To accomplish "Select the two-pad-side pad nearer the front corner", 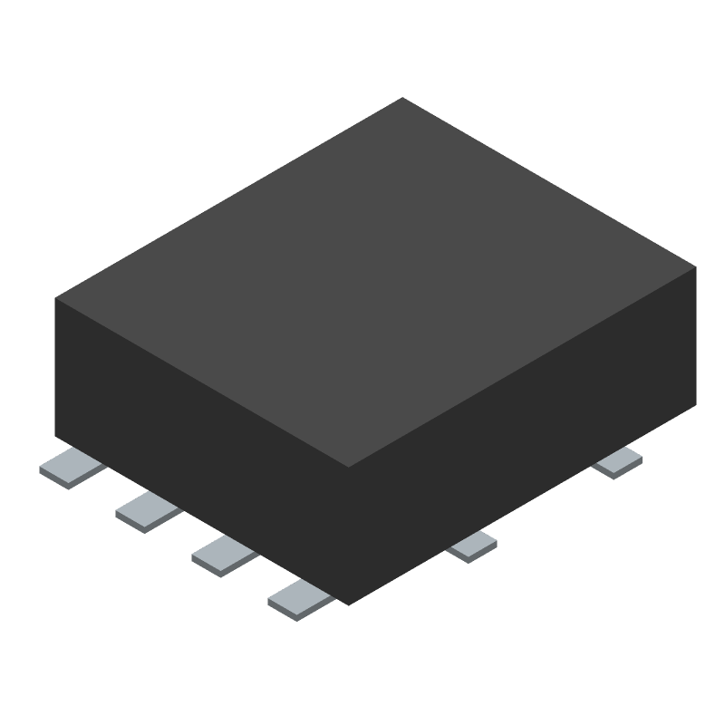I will [x=473, y=546].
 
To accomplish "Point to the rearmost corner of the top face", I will [x=402, y=98].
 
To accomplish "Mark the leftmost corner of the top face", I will [x=55, y=298].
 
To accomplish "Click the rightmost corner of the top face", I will [x=696, y=267].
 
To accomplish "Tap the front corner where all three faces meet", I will [x=349, y=468].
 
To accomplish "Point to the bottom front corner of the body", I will [x=349, y=605].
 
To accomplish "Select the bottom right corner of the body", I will [x=696, y=405].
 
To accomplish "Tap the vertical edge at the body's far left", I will [x=55, y=367].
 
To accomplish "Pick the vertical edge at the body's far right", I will [x=696, y=336].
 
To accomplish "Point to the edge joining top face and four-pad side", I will [x=202, y=383].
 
